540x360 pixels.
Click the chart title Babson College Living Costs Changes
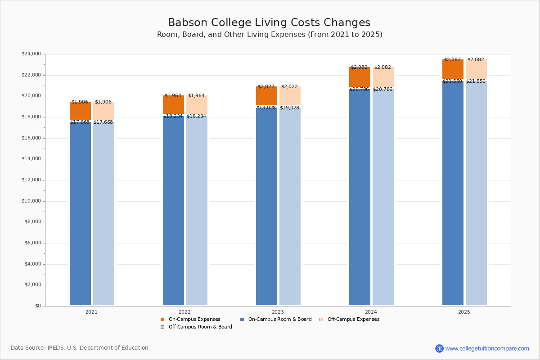point(269,23)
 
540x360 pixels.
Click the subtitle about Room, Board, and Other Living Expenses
point(270,35)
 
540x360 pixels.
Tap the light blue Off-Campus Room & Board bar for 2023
point(290,207)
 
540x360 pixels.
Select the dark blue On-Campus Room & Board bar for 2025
point(453,193)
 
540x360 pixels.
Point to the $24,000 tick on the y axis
point(31,54)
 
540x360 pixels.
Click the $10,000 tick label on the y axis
point(31,201)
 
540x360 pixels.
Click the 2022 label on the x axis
point(184,312)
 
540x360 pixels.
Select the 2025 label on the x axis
point(464,312)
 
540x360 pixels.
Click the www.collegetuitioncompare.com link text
point(487,348)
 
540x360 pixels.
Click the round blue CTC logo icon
point(439,348)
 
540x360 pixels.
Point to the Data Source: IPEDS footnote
point(80,348)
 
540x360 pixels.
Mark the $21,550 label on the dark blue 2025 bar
point(452,81)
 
